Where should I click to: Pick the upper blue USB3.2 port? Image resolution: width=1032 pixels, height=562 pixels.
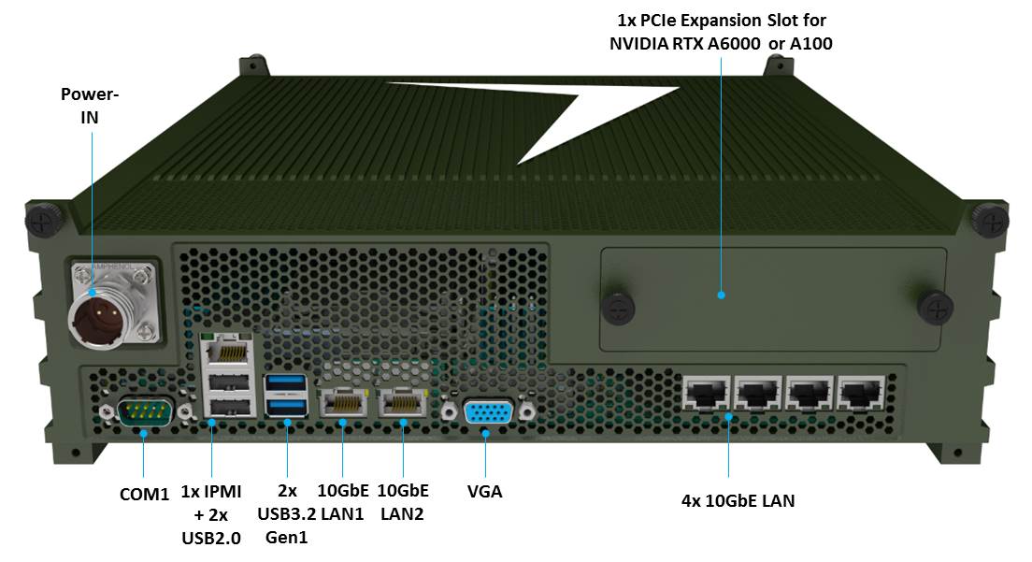tap(286, 383)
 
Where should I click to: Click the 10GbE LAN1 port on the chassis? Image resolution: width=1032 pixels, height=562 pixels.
tap(342, 403)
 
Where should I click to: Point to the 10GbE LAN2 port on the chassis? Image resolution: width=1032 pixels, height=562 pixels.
tap(402, 403)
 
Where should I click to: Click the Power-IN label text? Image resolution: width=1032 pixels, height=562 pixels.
tap(91, 106)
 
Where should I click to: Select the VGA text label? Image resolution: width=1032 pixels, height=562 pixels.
tap(484, 490)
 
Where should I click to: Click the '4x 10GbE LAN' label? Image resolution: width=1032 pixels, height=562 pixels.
tap(738, 500)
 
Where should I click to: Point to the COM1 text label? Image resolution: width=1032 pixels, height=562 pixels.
tap(144, 493)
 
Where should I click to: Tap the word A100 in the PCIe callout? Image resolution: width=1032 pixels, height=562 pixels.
tap(810, 43)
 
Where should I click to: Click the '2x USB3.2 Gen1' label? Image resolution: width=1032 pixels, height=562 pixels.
tap(286, 513)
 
